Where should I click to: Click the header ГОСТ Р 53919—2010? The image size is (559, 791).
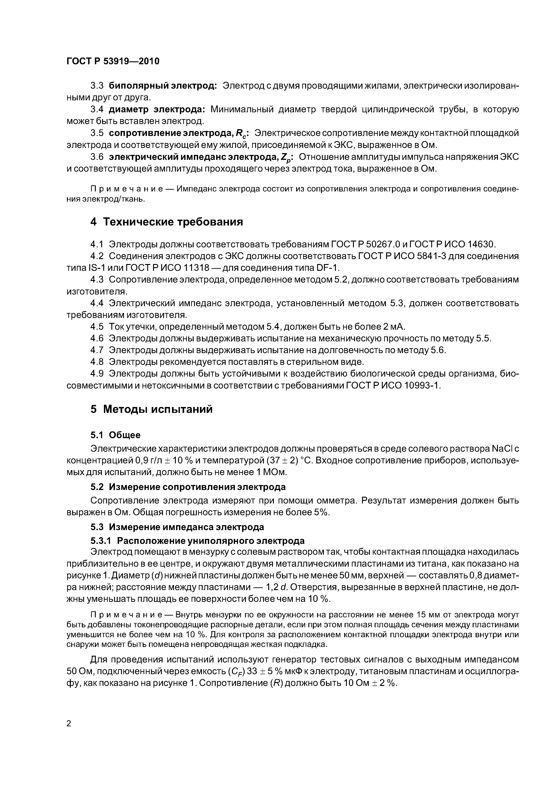point(113,61)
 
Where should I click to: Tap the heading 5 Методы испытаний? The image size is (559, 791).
point(151,409)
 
